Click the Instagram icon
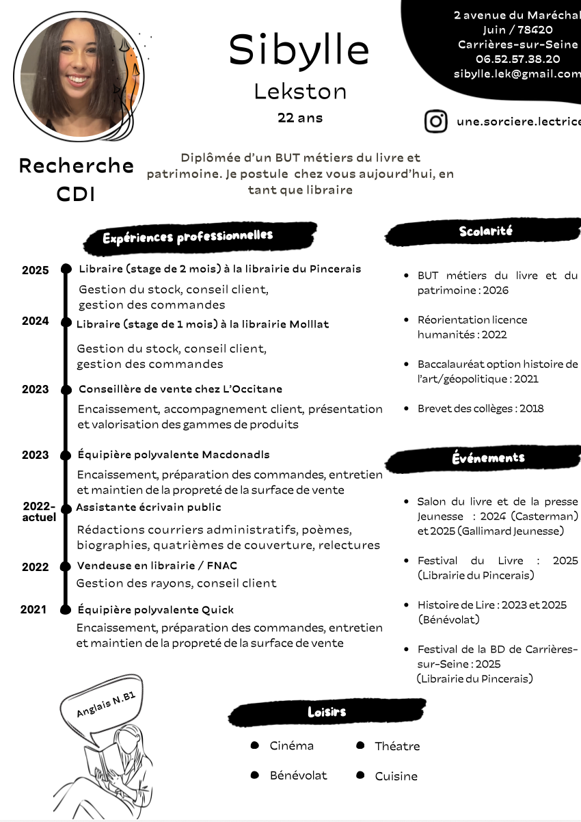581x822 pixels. tap(435, 121)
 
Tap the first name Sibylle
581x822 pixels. tap(299, 50)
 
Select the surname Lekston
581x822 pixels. tap(300, 91)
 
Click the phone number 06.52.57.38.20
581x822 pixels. tap(517, 59)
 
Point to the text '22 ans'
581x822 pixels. tap(300, 118)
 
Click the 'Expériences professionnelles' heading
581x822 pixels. tap(188, 237)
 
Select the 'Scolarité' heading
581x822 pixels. tap(485, 232)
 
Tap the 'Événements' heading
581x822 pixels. tap(487, 458)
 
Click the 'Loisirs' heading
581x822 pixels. tap(327, 712)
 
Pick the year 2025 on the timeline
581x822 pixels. tap(36, 270)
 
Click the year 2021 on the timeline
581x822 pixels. tap(33, 609)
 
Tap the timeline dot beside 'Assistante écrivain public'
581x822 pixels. tap(66, 509)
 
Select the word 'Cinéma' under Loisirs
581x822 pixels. tap(292, 745)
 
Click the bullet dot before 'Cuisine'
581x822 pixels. tap(360, 775)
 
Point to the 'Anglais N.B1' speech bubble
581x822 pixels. tap(105, 704)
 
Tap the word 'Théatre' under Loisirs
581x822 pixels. tap(397, 746)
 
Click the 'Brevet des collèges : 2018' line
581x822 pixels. tap(481, 408)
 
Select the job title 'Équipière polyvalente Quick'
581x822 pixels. tap(155, 609)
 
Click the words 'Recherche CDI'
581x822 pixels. tap(76, 179)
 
